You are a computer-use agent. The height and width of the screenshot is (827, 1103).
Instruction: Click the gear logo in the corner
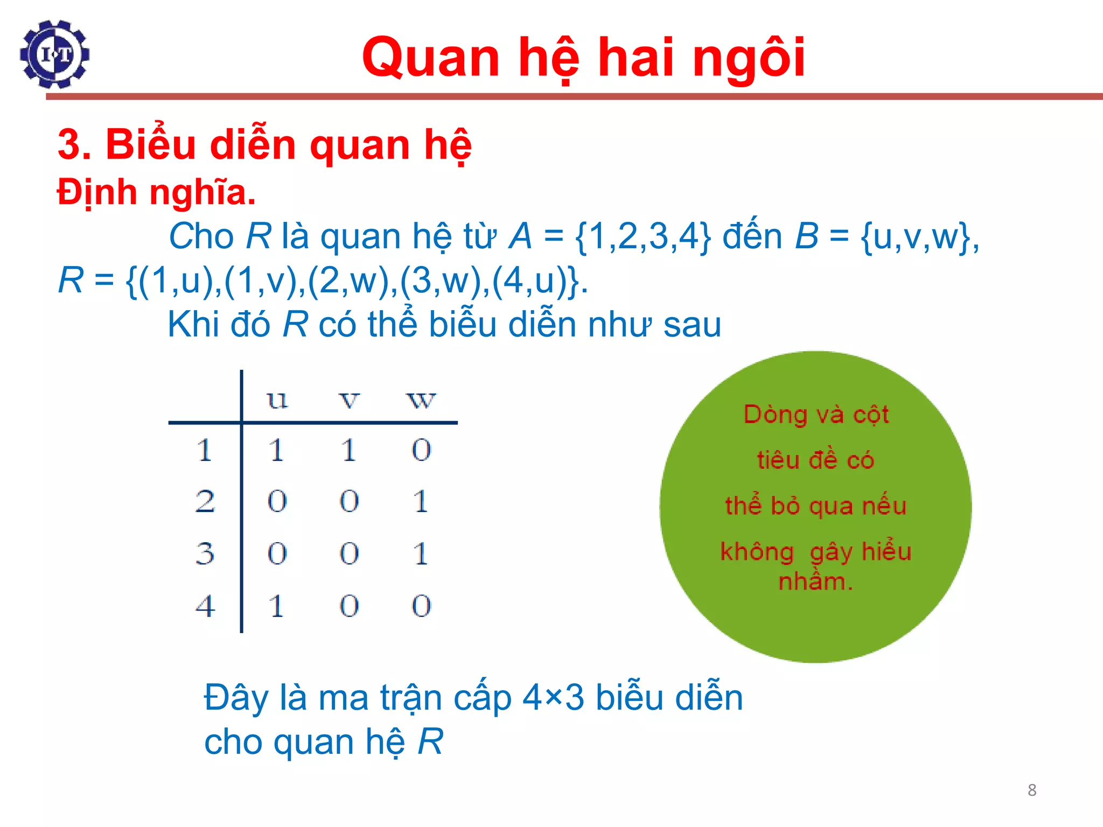(54, 54)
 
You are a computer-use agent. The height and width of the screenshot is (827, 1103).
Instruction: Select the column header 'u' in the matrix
(277, 400)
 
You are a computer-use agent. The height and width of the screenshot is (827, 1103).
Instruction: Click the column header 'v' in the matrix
(349, 400)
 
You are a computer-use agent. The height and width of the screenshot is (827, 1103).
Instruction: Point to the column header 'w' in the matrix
(421, 400)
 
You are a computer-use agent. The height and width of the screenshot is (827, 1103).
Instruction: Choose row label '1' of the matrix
(204, 450)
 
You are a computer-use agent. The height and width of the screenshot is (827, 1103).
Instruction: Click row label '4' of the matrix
(205, 606)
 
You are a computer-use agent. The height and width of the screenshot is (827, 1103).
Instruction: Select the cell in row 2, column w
(421, 501)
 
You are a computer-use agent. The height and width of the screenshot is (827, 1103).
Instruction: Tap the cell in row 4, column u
(277, 606)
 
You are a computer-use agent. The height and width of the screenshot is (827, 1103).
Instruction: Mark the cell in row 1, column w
(421, 450)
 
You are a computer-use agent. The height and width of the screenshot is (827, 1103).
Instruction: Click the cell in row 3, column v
(349, 553)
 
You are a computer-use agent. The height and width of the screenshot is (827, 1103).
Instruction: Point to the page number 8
(1032, 790)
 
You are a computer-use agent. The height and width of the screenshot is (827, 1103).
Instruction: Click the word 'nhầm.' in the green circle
(815, 581)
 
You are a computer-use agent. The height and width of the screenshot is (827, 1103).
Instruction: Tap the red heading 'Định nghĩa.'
(156, 192)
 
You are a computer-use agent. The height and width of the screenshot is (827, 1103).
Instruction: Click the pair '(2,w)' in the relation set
(352, 281)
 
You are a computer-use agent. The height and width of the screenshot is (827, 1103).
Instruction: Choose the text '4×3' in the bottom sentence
(553, 698)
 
